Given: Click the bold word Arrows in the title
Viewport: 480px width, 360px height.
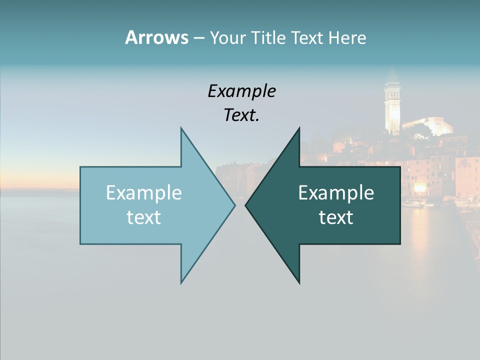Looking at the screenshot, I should click(x=156, y=37).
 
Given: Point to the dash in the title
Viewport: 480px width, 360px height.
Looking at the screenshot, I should click(x=198, y=38).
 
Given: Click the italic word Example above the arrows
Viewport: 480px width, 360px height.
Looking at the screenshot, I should click(x=241, y=91).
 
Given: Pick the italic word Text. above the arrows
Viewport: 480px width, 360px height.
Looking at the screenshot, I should click(x=241, y=115).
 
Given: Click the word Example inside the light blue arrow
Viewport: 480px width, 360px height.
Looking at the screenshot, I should click(x=143, y=193).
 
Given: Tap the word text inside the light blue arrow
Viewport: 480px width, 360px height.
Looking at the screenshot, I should click(x=143, y=217).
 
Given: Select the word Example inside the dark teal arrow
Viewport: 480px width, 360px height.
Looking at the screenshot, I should click(x=336, y=193).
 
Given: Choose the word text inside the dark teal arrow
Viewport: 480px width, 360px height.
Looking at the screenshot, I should click(x=336, y=217).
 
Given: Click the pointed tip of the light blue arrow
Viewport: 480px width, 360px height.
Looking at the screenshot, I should click(x=234, y=205).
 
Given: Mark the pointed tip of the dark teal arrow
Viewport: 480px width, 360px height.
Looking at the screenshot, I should click(x=246, y=205).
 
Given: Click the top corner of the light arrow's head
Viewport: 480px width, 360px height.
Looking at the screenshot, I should click(x=181, y=128).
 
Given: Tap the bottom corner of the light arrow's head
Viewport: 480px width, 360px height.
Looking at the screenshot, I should click(x=181, y=282).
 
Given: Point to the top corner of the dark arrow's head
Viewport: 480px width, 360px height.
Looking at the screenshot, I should click(x=299, y=128).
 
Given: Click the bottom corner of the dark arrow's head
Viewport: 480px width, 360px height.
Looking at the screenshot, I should click(x=299, y=283).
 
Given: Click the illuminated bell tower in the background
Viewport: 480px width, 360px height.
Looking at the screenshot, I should click(x=391, y=105).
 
